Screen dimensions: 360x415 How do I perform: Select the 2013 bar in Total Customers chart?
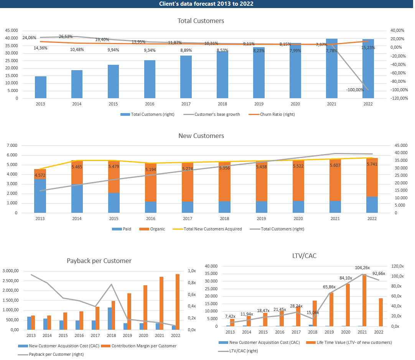tap(41, 87)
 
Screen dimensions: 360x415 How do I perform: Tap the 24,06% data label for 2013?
tap(29, 38)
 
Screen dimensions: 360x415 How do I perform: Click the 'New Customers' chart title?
tap(201, 136)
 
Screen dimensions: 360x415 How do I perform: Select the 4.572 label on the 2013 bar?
tap(40, 175)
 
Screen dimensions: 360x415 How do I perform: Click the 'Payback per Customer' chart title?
tap(99, 261)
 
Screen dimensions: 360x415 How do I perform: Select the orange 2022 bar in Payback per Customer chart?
tap(177, 302)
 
